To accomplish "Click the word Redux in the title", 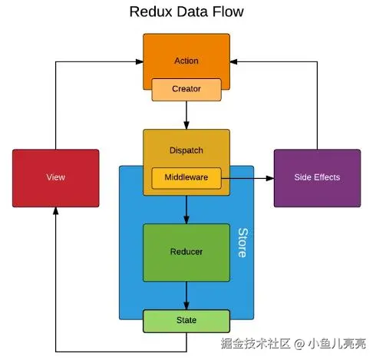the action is point(151,12).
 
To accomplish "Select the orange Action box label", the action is point(186,61).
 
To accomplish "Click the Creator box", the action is point(186,90).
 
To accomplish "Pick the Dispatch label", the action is point(186,150).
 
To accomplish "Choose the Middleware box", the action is point(186,178).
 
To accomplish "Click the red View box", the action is point(56,178).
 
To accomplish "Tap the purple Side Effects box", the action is point(317,178).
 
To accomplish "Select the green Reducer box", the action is point(186,253).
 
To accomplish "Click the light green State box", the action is point(186,321).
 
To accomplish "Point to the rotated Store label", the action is point(242,243).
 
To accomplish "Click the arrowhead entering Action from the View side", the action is point(140,61).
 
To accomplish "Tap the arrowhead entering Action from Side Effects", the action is point(233,61).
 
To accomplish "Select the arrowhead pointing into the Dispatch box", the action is point(186,126).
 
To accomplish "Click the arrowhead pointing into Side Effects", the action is point(270,178).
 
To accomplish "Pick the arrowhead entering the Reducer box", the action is point(186,220).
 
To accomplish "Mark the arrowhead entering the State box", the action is point(186,306).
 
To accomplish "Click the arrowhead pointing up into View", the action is point(56,211).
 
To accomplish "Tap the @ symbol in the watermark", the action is point(299,344).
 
